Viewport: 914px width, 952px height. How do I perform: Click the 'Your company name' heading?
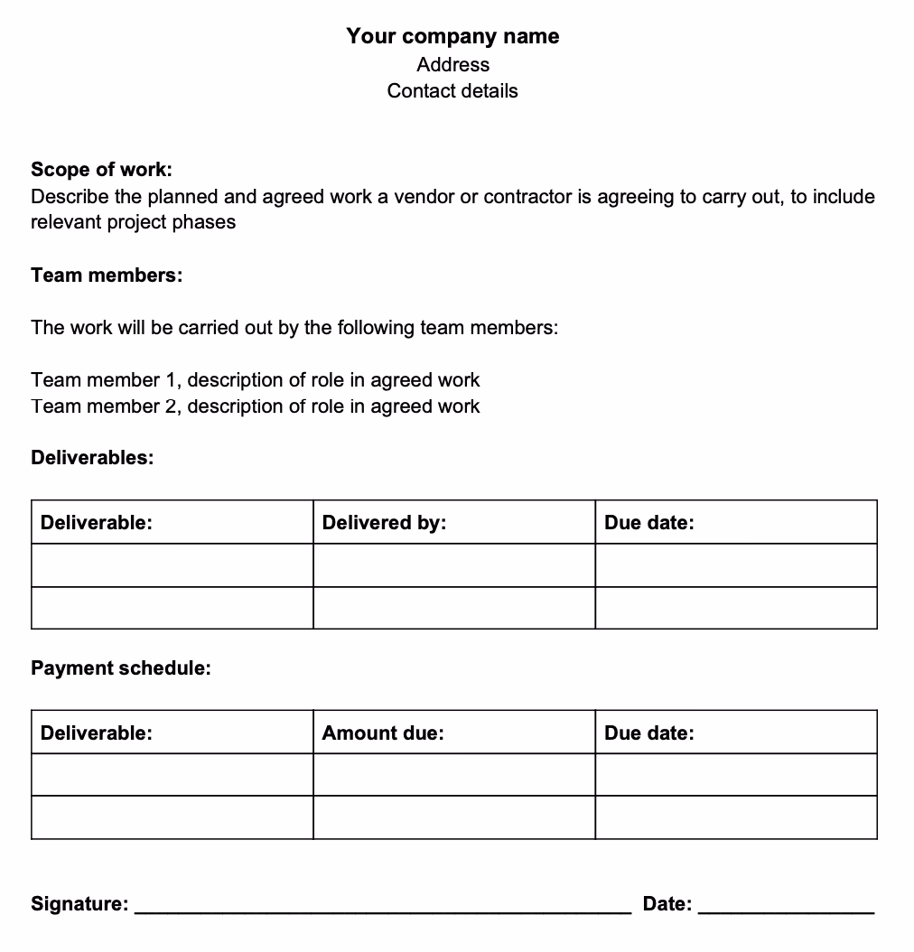click(452, 36)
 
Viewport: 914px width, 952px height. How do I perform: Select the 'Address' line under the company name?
click(452, 65)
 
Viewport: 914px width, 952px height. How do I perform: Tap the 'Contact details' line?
click(452, 91)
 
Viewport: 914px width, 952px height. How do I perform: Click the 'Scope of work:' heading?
click(101, 170)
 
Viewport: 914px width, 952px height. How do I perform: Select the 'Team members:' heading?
click(107, 275)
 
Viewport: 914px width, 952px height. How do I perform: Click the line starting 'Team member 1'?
click(255, 380)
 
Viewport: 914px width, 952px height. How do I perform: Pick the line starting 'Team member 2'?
click(255, 406)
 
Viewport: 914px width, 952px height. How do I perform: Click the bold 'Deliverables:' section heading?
click(92, 458)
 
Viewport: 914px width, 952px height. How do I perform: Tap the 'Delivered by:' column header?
click(384, 522)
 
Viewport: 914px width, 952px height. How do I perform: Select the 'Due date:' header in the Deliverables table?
click(649, 522)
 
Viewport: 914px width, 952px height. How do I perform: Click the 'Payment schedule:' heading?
click(121, 668)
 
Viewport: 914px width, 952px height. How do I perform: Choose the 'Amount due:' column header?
click(383, 733)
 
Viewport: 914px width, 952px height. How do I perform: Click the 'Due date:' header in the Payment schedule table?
click(649, 733)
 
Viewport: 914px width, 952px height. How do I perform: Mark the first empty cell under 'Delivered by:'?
click(453, 565)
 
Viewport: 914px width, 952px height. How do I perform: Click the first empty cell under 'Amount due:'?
click(453, 775)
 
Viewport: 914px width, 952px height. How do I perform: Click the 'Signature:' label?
click(79, 904)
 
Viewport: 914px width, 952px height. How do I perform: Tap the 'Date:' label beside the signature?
click(667, 904)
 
